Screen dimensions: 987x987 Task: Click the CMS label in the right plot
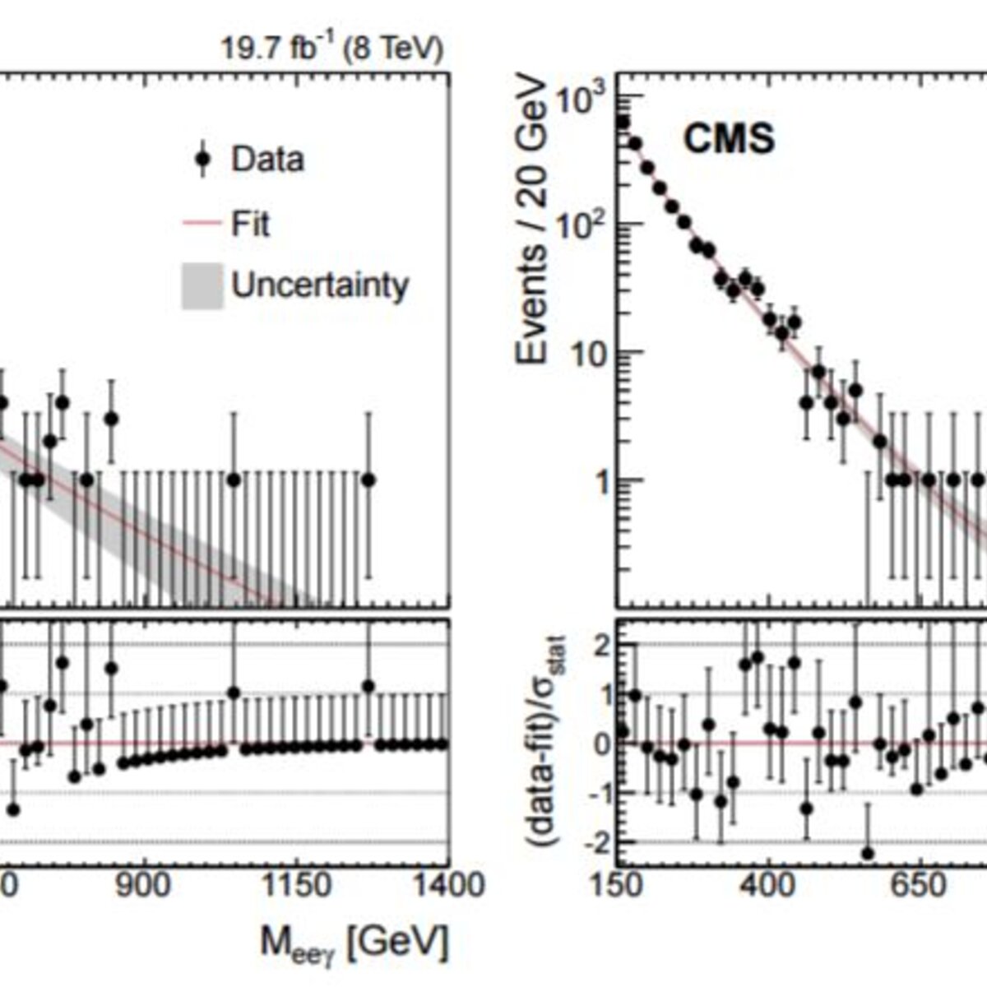730,139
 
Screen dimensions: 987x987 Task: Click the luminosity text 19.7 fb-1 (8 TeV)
332,49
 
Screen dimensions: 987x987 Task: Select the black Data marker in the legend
203,159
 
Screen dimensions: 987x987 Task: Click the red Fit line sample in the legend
202,224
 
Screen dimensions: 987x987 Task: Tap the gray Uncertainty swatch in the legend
202,286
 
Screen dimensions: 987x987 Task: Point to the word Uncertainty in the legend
320,285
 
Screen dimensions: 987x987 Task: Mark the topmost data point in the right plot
623,122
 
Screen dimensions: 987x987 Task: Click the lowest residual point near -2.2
868,853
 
